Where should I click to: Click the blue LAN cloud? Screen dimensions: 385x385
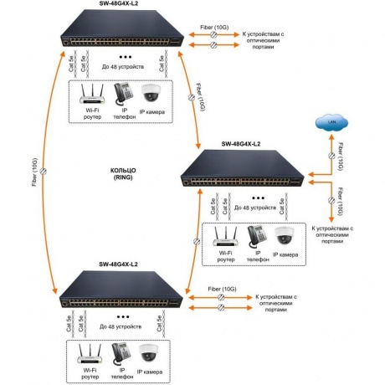331,122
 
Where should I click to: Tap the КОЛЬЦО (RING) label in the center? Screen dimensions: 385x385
123,174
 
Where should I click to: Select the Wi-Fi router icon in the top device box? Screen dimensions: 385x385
92,95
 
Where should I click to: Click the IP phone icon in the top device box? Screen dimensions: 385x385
124,94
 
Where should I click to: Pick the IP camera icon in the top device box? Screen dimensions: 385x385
151,93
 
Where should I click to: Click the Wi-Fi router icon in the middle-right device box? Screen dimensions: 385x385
225,237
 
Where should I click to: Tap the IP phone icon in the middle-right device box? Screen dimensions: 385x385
257,237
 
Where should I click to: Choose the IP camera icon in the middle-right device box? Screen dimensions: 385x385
285,236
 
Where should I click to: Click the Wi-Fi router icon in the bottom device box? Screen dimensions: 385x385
90,354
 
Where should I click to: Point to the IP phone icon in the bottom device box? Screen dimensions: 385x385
121,354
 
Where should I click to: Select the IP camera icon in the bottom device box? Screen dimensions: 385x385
149,353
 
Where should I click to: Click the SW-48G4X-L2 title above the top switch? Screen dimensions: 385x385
119,3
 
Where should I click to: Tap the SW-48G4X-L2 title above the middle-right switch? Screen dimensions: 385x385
241,144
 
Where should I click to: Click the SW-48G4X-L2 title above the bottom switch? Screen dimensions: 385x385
118,264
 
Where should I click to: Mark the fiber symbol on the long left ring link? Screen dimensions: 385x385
44,171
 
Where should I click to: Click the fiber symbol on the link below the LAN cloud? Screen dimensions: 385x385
331,156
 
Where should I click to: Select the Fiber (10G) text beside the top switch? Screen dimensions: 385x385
214,28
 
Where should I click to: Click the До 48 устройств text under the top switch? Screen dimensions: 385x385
123,67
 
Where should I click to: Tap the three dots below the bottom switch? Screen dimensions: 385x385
123,317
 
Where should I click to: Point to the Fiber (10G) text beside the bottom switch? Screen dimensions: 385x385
222,289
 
